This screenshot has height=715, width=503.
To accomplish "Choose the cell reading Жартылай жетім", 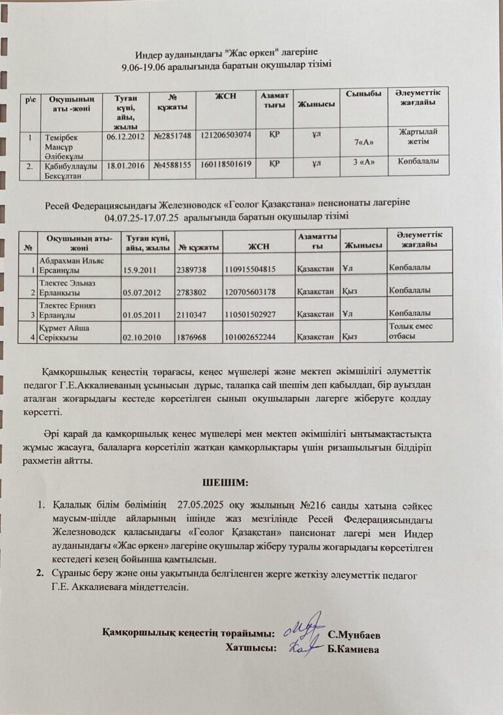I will pos(419,135).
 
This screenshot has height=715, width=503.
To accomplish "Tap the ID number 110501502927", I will pos(251,314).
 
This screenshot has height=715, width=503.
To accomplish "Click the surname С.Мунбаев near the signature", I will pos(354,634).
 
